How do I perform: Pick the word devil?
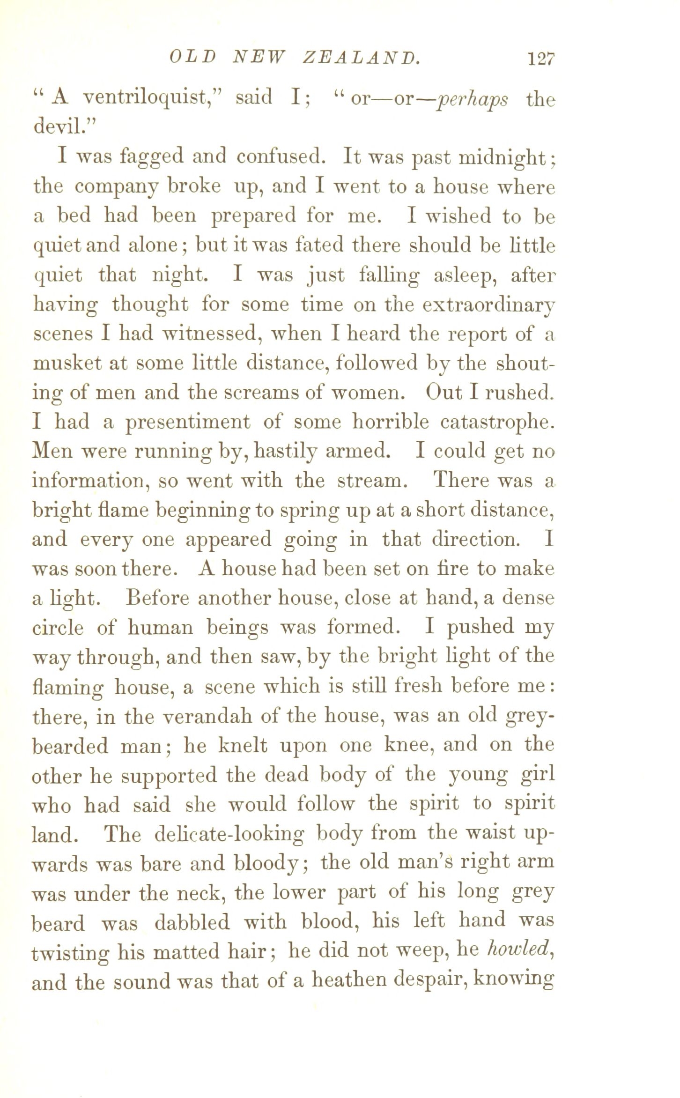(x=63, y=127)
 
